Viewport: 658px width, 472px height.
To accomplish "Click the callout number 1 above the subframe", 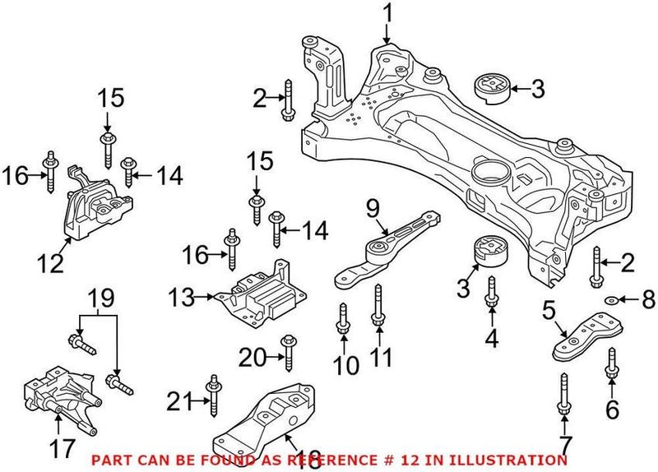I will coord(387,14).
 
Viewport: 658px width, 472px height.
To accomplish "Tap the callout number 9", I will coord(371,209).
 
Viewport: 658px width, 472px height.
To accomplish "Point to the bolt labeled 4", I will coord(491,295).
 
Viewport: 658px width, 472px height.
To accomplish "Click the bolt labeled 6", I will coord(612,363).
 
